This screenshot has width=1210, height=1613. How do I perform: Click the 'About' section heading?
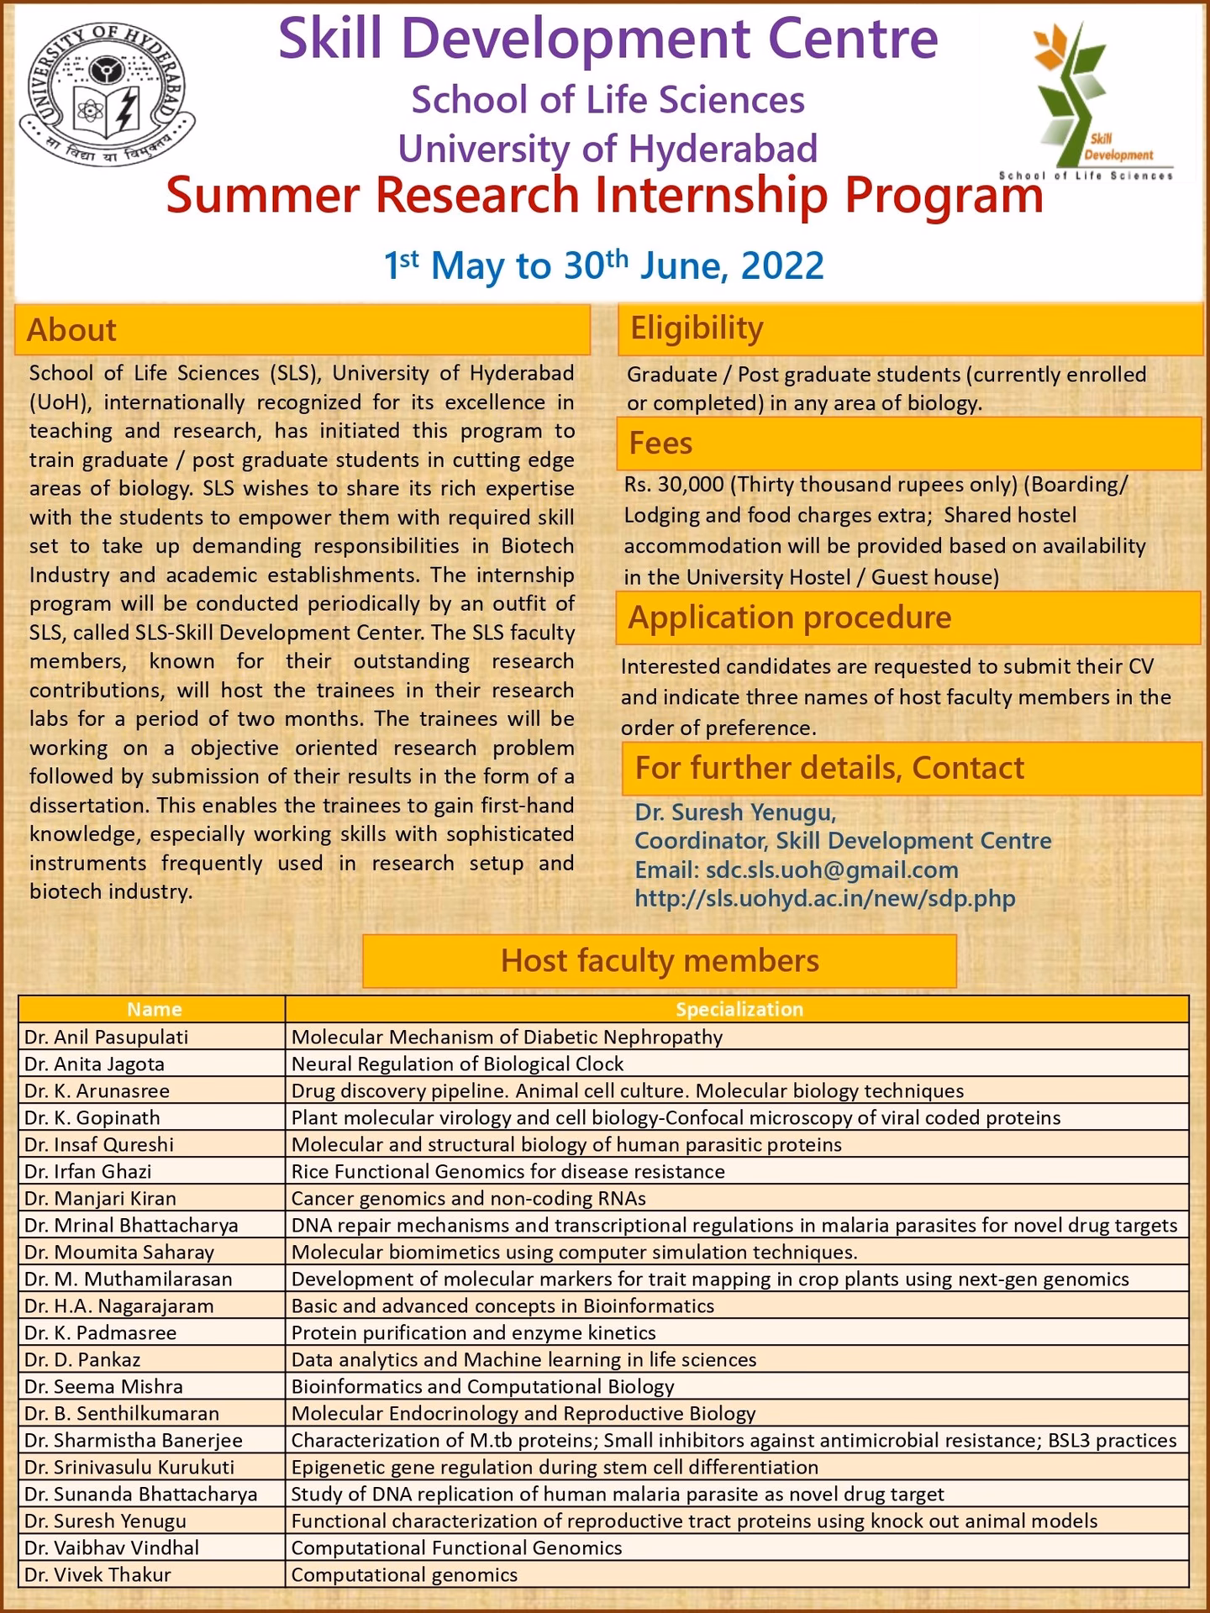click(x=72, y=329)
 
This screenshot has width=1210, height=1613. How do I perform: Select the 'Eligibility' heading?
click(x=697, y=328)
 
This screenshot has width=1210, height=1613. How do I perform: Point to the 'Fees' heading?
click(x=660, y=443)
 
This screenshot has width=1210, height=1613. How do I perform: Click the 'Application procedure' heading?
click(x=790, y=617)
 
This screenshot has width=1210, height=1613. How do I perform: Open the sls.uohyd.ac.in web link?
click(x=824, y=898)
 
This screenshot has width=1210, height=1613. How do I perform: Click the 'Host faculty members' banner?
click(x=660, y=960)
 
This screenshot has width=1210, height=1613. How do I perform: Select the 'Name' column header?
click(x=154, y=1009)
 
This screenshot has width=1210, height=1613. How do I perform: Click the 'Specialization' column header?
click(x=739, y=1009)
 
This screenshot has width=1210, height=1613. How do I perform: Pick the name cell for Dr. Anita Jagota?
click(x=95, y=1064)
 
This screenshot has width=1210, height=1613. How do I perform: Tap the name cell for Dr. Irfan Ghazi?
click(x=88, y=1171)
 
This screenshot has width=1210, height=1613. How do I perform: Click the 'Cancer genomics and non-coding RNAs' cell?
click(x=468, y=1198)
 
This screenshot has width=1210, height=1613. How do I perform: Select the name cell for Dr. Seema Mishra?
click(x=103, y=1386)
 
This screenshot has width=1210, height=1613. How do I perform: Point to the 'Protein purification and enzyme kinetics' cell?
click(x=473, y=1332)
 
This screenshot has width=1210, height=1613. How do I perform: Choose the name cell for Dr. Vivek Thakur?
click(x=97, y=1574)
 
